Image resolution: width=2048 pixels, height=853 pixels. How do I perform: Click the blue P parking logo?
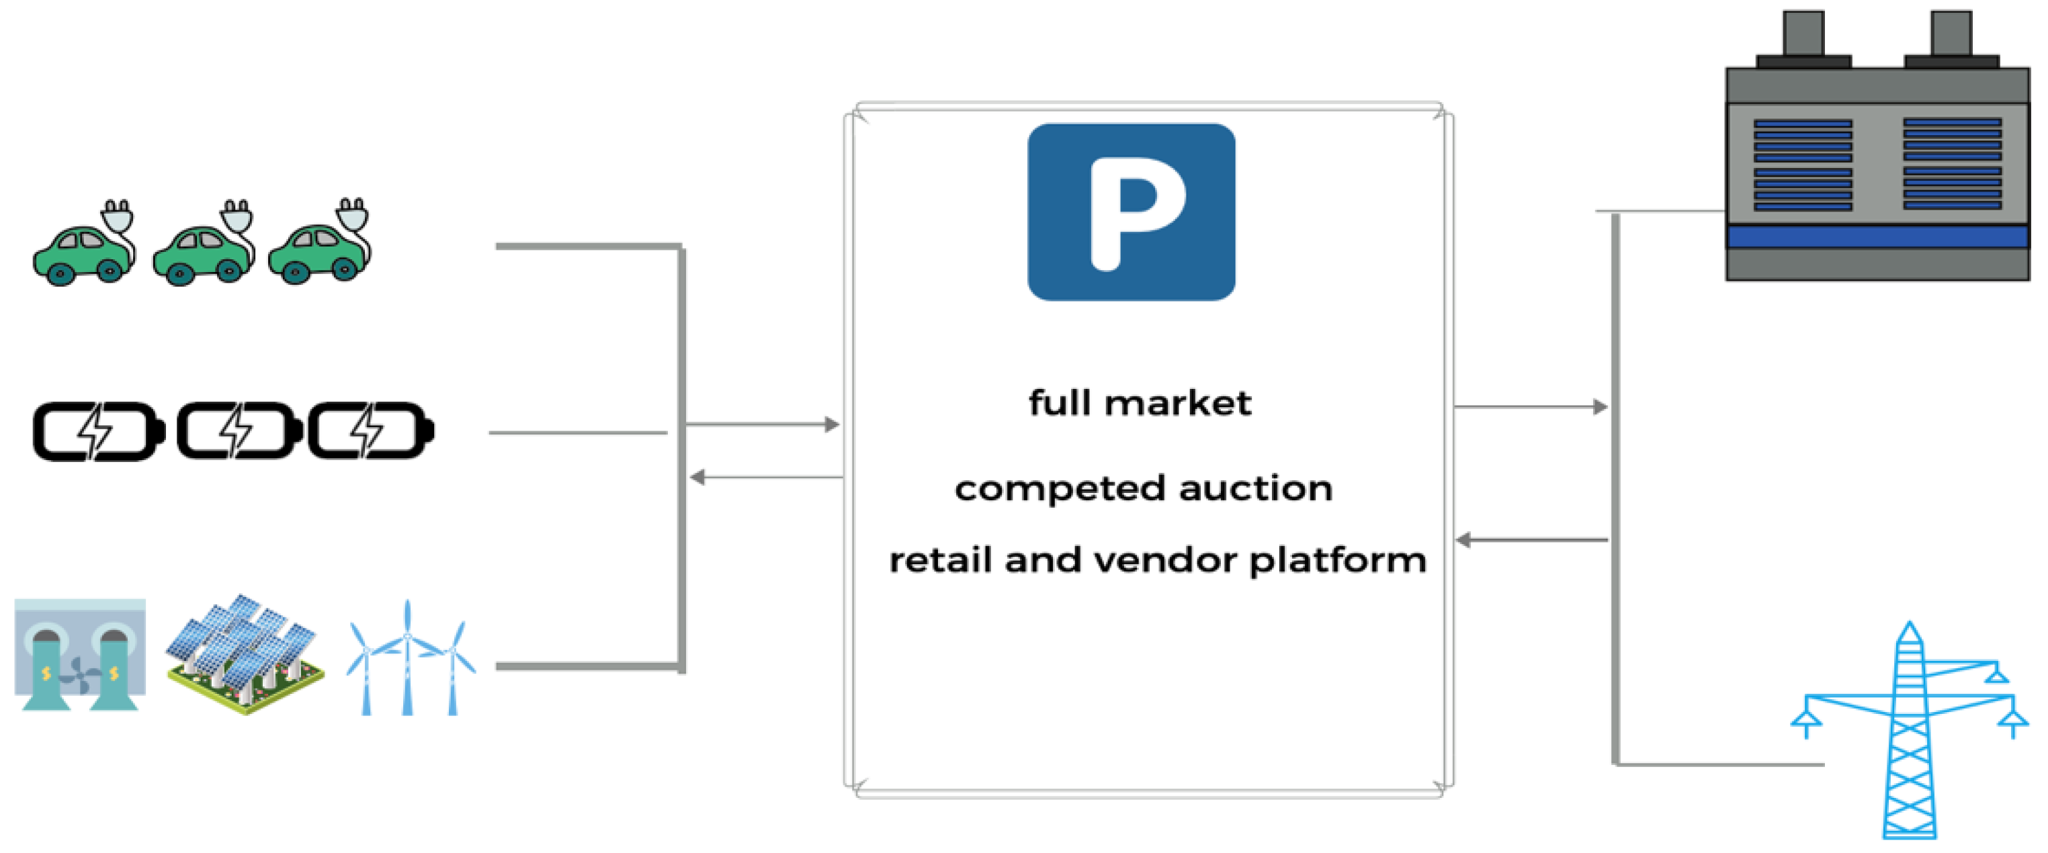[x=1131, y=212]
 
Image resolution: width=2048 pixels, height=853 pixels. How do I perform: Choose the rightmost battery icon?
[x=370, y=432]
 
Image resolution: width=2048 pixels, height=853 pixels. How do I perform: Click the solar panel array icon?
[x=245, y=654]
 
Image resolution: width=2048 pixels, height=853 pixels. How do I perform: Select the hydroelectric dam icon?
[x=79, y=654]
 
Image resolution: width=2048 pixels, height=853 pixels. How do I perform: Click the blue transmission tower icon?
[x=1908, y=731]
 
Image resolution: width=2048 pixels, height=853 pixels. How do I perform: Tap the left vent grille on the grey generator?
[x=1802, y=165]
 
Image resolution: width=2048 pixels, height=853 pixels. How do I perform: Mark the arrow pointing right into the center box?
[x=762, y=424]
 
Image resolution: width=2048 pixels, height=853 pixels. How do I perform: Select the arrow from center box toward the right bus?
[x=1531, y=407]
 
